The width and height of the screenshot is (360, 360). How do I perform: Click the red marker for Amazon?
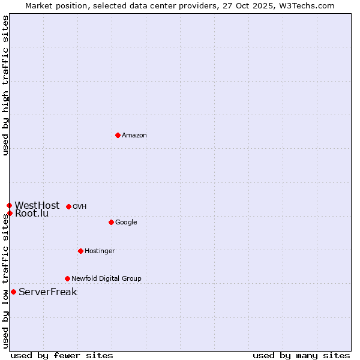(x=118, y=135)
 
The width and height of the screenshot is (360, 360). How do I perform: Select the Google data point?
(x=111, y=222)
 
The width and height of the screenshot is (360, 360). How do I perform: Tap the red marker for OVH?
(x=68, y=206)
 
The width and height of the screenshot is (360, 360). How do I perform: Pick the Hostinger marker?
(x=80, y=251)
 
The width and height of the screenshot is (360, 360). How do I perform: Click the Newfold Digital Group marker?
(x=67, y=278)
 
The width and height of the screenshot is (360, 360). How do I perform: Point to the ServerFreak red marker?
(x=13, y=292)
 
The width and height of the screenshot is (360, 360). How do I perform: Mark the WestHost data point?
(x=9, y=205)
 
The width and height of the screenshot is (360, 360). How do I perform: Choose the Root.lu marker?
(x=10, y=213)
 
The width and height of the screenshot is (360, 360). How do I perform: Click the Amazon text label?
(x=134, y=136)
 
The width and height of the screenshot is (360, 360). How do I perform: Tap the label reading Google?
(x=126, y=223)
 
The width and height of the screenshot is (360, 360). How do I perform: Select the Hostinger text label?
(x=100, y=251)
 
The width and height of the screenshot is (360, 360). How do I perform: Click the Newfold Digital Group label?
(x=106, y=279)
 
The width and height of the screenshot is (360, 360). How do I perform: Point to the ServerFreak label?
(x=48, y=292)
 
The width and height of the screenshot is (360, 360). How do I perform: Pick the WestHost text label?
(x=37, y=205)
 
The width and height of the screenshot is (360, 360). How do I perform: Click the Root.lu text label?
(x=32, y=214)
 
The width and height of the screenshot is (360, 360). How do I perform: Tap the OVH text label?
(x=80, y=207)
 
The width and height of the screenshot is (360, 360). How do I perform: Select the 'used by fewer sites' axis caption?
(x=62, y=355)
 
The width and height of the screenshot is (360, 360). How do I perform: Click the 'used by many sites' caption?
(x=301, y=355)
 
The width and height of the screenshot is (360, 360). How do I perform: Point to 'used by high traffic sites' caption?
(x=6, y=86)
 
